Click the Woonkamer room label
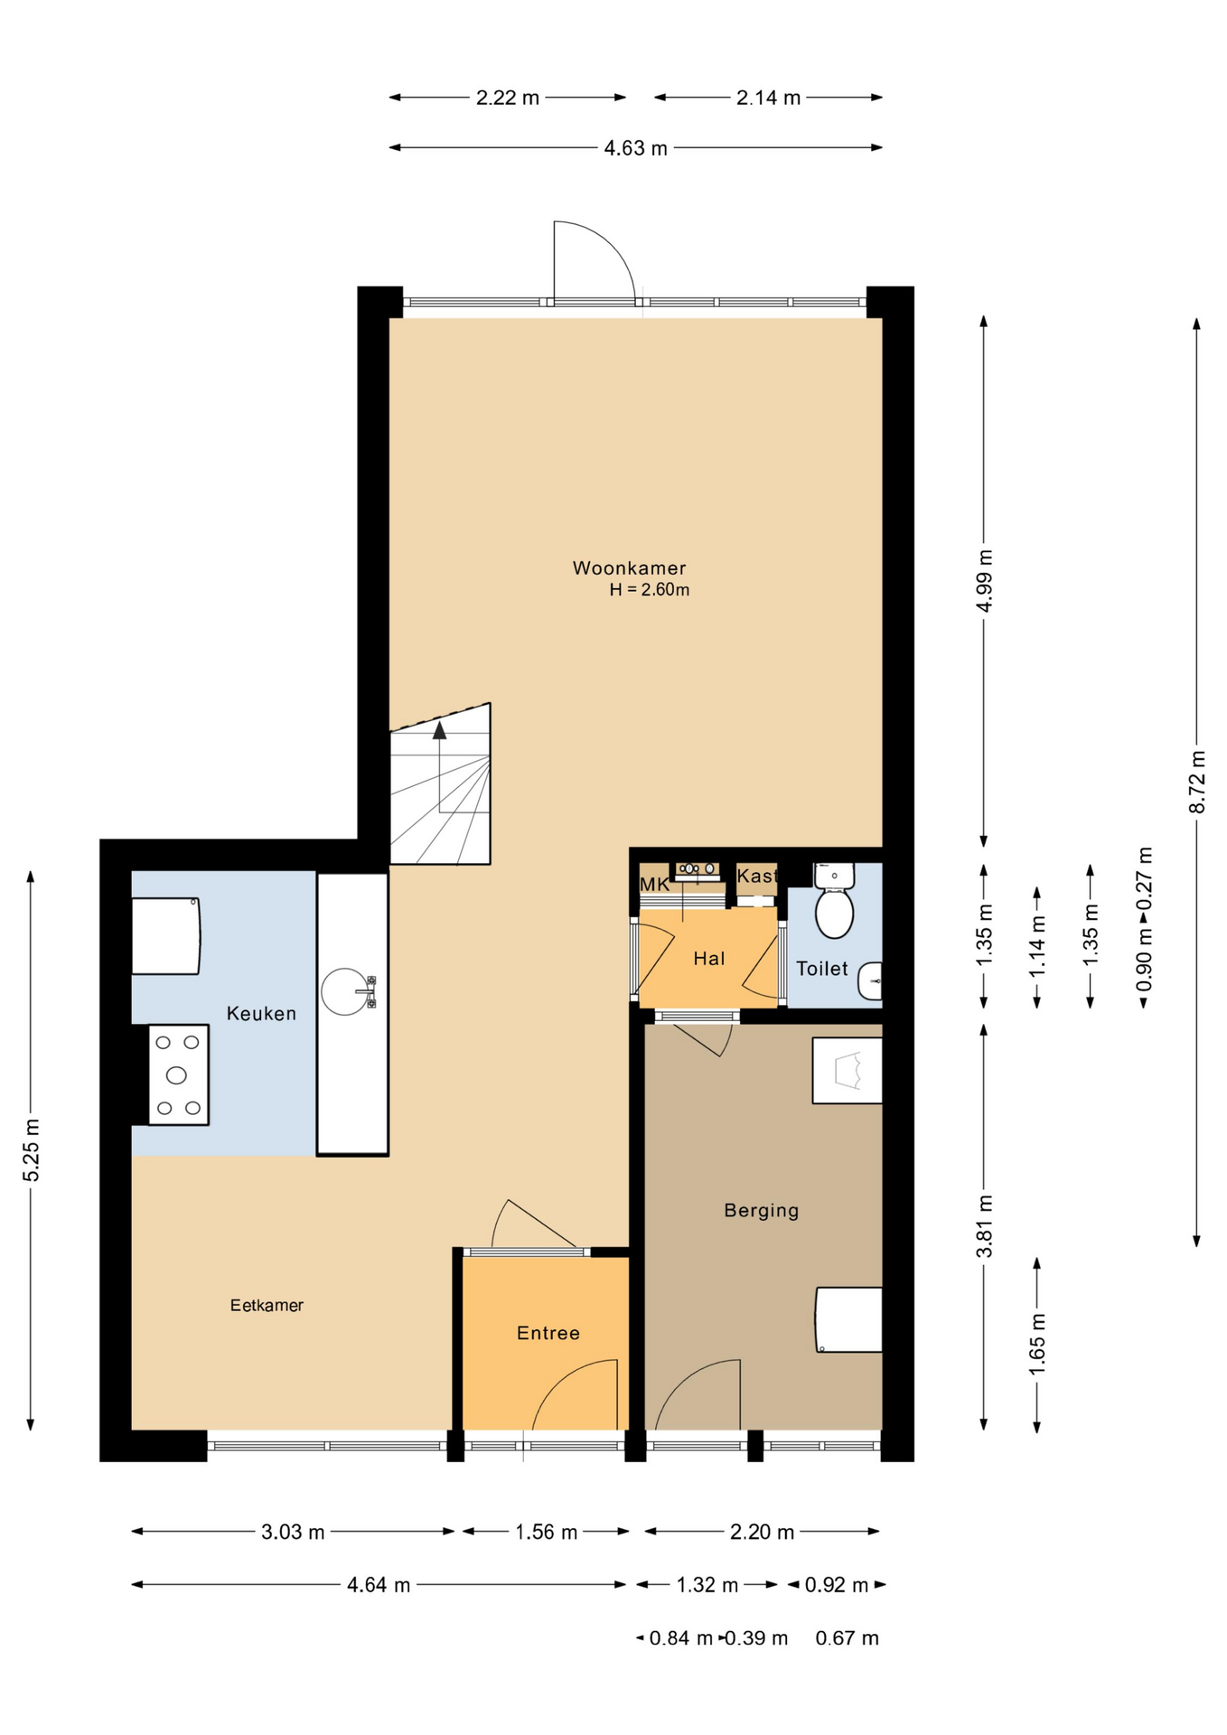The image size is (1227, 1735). pos(629,568)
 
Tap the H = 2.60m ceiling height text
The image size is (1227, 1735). pos(649,590)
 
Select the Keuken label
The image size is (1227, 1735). pos(261,1013)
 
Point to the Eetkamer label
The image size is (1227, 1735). pos(267,1305)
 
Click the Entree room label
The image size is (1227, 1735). pos(548,1333)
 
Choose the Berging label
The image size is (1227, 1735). pos(762,1210)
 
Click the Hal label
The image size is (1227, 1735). pos(709,959)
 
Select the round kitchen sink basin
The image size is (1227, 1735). pos(345,991)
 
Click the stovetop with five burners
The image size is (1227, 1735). pos(178,1074)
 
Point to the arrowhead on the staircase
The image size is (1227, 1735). pos(440,730)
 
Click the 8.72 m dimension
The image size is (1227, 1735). pos(1197,782)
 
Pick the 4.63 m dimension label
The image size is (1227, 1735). pos(636,148)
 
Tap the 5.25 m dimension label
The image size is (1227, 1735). pos(32,1149)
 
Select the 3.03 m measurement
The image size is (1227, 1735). pos(293,1532)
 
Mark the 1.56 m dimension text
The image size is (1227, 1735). pos(546,1532)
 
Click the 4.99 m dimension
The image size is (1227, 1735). pos(985,581)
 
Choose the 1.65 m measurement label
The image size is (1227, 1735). pos(1037,1345)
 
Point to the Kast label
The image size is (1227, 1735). pos(757,876)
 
